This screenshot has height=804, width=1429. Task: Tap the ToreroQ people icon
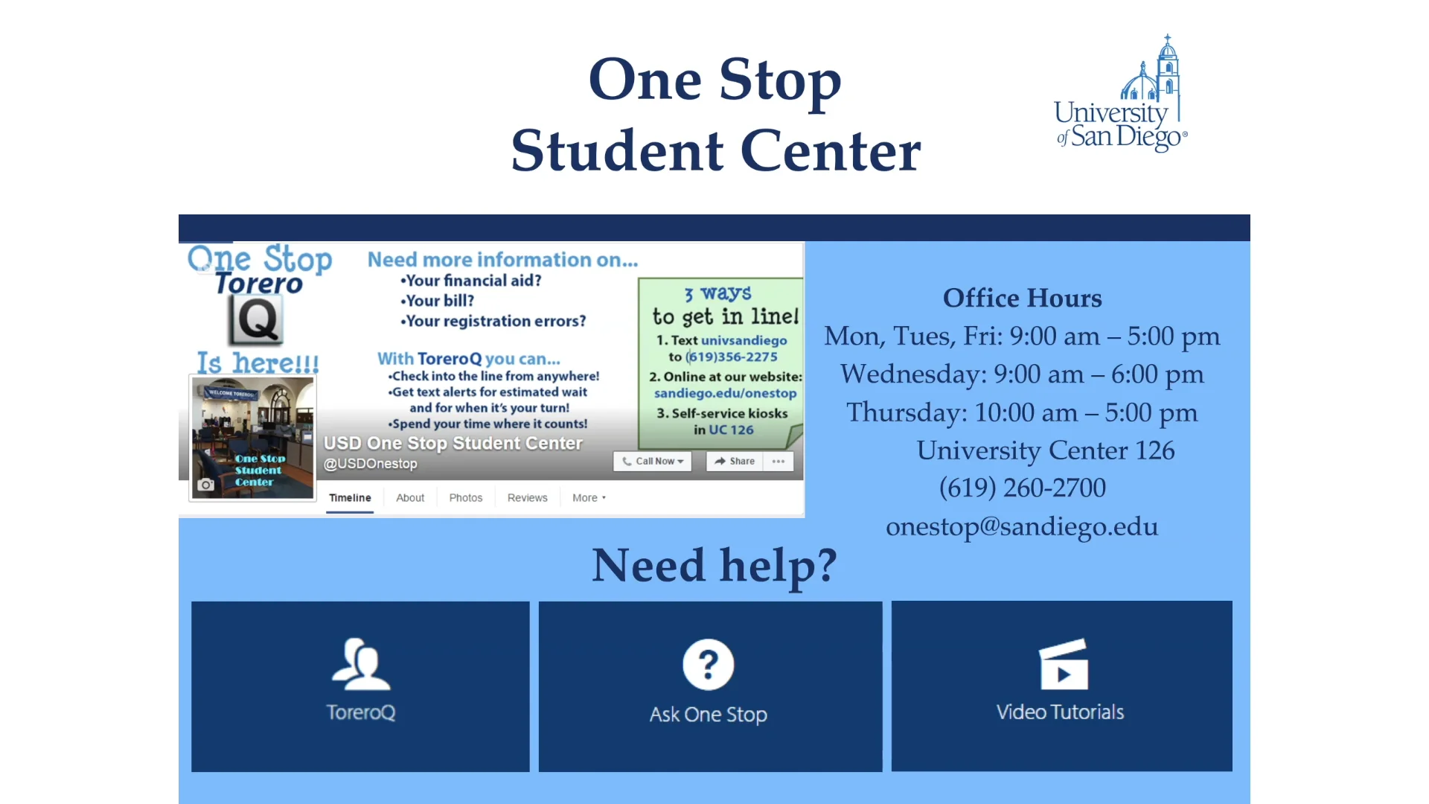(x=361, y=664)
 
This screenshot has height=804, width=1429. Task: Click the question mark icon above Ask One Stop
(x=709, y=664)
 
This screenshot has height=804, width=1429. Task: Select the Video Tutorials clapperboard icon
(x=1064, y=664)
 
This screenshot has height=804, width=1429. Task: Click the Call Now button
(x=653, y=462)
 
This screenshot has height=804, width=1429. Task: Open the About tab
(x=410, y=498)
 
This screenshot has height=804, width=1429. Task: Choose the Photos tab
(x=466, y=498)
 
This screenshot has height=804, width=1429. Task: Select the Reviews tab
(x=528, y=498)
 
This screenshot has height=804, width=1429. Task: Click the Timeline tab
(x=350, y=498)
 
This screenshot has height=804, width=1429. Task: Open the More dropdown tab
(x=589, y=498)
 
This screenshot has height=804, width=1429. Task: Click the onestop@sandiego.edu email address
(x=1022, y=526)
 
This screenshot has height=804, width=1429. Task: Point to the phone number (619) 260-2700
(x=1022, y=488)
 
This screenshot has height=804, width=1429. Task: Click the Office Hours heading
(x=1023, y=298)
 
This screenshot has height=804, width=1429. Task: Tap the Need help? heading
(x=714, y=565)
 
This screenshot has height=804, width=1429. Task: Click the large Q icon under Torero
(x=256, y=320)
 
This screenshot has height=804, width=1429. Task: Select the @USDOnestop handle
(x=370, y=464)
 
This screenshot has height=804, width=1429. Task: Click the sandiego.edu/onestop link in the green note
(x=725, y=393)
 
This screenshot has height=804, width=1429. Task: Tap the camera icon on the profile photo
(x=205, y=485)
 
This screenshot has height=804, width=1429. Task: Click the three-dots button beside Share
(x=779, y=462)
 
